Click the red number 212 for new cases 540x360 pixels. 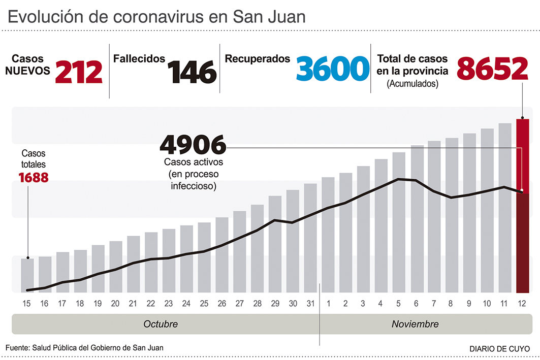[x=79, y=72]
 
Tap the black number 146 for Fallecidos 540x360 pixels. [x=193, y=72]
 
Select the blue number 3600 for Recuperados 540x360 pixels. [x=332, y=70]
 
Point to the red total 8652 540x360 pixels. [x=493, y=70]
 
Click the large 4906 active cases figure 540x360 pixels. [x=193, y=145]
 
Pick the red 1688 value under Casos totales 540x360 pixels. [x=33, y=178]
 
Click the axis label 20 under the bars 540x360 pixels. [x=115, y=304]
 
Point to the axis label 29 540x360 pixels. [x=275, y=304]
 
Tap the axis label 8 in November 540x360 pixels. [x=451, y=304]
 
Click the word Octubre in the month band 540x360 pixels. [x=161, y=324]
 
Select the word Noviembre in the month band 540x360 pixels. [x=415, y=324]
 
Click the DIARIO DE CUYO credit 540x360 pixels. [x=499, y=349]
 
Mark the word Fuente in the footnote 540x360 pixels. [x=17, y=348]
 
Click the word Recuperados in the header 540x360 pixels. [x=257, y=59]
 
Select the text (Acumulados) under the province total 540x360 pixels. [x=412, y=84]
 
